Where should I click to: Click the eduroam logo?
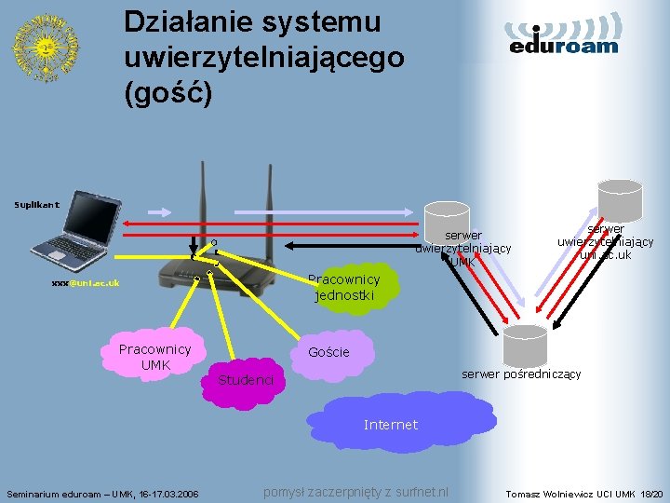coord(564,34)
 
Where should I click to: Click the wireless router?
coord(215,262)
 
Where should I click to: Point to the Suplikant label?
coord(36,203)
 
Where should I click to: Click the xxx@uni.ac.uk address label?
coord(86,282)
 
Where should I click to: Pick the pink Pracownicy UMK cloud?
coord(154,355)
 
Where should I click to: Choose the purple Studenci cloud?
coord(245,380)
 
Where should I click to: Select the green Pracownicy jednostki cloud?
coord(344,287)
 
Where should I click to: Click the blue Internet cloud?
coord(391,425)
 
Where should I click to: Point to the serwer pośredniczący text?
coord(521,374)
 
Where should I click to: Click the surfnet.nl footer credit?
coord(356,492)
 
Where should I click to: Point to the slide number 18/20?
coord(651,493)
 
